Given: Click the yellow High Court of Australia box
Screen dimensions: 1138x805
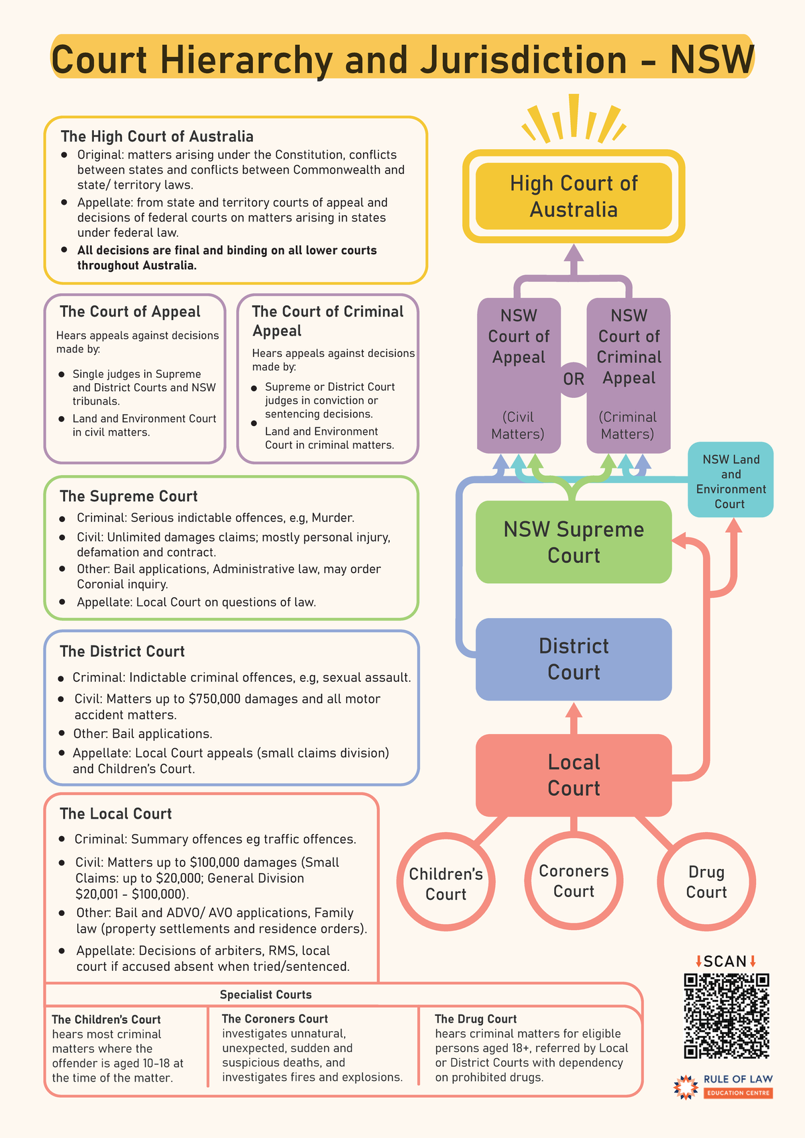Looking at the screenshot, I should point(574,196).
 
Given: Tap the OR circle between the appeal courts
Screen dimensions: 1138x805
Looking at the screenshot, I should point(574,379).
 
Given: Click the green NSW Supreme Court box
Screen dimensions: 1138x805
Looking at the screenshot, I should point(574,542).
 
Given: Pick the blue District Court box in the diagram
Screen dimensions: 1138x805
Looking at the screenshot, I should point(574,659).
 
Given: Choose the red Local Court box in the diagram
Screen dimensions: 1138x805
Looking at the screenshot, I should point(574,775).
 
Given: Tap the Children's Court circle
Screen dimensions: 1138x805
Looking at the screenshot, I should point(446,884).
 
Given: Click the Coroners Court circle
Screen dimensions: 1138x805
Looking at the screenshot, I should point(574,881).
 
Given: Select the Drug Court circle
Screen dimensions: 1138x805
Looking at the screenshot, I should point(706,882).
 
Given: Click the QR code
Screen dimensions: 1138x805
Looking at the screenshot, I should point(726,1016).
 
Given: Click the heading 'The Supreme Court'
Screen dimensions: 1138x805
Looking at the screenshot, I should point(128,497).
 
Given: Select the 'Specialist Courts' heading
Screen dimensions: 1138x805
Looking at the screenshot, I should point(266,994).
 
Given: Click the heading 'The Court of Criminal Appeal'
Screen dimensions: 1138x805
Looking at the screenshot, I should point(327,321).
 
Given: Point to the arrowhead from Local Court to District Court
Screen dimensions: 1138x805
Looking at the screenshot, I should point(574,710).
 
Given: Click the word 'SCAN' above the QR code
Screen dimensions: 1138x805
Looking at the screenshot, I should point(725,962).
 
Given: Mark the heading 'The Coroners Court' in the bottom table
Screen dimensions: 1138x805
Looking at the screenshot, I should point(274,1019).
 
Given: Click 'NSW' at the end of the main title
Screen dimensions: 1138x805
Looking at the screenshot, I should point(712,60).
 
